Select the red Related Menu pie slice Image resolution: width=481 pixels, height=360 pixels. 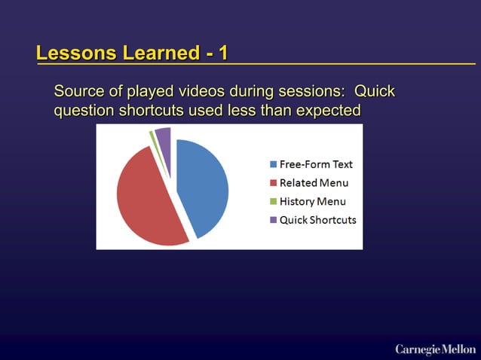(147, 200)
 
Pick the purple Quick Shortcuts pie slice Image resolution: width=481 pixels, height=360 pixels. (164, 136)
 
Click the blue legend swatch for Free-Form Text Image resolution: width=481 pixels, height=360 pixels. (273, 164)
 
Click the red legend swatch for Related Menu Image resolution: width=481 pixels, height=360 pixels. (273, 183)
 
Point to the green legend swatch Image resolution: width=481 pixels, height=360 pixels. (273, 202)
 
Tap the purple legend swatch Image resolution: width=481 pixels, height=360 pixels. (273, 221)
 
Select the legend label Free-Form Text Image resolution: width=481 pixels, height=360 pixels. (316, 164)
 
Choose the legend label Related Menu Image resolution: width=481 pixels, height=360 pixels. (314, 183)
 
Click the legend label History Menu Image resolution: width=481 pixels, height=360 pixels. (313, 202)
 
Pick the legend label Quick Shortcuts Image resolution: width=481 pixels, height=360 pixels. (317, 221)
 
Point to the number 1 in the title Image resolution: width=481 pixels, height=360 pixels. (222, 53)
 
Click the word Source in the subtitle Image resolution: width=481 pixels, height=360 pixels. (79, 92)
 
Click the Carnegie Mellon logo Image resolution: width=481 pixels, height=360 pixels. (435, 349)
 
